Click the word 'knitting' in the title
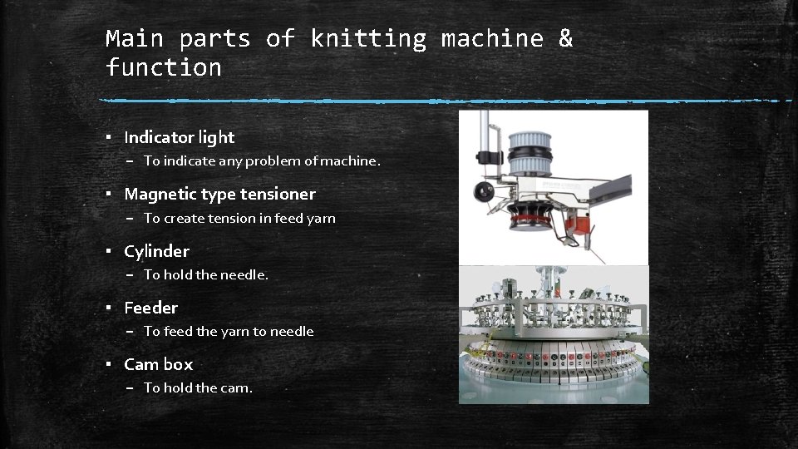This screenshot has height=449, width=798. [x=368, y=39]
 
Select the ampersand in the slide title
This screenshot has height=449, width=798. [x=565, y=38]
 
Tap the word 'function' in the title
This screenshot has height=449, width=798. [x=164, y=67]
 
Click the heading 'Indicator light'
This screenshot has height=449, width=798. [x=180, y=137]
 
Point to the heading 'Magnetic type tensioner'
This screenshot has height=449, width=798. [x=219, y=195]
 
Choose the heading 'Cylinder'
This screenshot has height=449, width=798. [x=157, y=251]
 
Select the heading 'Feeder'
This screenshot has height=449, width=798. [x=150, y=308]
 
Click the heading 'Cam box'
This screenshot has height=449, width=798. [x=159, y=364]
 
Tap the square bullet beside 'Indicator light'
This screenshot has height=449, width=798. [x=108, y=137]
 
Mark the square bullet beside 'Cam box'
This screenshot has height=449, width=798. [x=108, y=364]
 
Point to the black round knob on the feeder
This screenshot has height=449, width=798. [x=484, y=191]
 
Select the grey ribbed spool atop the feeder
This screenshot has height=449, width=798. [x=530, y=153]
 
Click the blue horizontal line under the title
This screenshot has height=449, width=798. [x=446, y=101]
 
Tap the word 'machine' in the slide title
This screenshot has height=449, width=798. [x=492, y=39]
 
